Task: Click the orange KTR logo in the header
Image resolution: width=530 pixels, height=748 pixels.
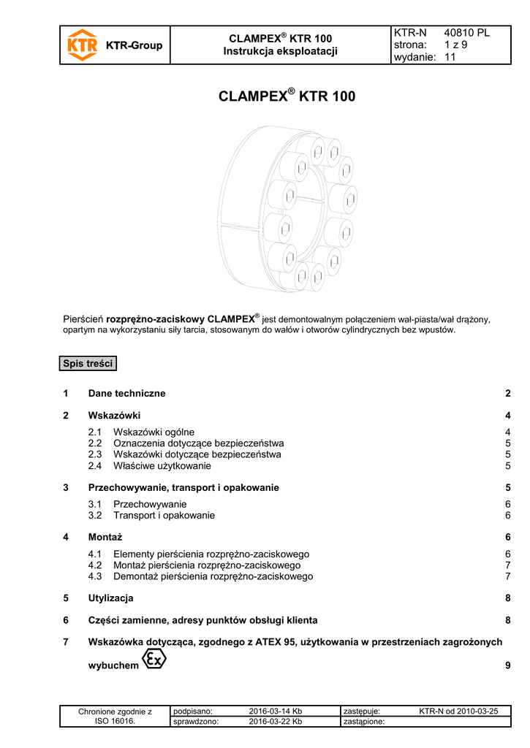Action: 82,45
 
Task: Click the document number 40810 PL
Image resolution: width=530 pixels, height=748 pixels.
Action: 466,34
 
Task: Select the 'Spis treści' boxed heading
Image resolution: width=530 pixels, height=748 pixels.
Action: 88,364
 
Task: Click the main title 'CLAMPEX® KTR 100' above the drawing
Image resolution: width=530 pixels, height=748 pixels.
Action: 287,96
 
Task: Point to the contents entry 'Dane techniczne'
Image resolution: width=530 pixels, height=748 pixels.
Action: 126,393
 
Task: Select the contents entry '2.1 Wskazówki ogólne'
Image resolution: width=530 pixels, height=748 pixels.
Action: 154,432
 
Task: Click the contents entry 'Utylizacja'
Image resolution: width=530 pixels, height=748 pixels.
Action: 110,598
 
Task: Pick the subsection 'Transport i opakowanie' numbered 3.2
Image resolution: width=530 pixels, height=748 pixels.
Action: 164,515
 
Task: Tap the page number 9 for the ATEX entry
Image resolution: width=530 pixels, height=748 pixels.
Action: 507,665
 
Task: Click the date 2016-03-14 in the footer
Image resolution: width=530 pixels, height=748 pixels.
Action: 276,711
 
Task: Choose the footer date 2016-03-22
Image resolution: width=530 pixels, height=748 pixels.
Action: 276,722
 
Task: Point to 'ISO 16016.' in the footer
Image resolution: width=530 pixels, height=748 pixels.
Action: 115,722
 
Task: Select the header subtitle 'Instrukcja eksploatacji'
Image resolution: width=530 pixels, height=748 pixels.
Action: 280,51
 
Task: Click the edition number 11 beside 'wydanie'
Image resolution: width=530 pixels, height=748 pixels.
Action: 450,57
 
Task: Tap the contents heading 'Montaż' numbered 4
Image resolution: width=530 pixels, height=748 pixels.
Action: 105,537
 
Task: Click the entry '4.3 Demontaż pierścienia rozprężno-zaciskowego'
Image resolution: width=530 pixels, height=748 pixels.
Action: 200,576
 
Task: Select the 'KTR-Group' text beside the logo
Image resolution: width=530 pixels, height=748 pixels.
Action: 135,46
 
